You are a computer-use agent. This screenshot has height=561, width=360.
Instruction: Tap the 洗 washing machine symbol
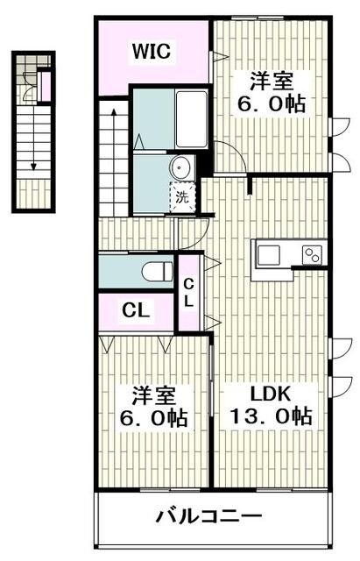(182, 196)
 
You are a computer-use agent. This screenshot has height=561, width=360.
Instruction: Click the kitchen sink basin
(267, 255)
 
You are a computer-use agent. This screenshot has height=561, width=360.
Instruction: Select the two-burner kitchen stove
(313, 255)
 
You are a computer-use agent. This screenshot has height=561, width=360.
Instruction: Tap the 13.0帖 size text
(272, 415)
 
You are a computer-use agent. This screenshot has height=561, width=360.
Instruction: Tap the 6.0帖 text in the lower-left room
(151, 415)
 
